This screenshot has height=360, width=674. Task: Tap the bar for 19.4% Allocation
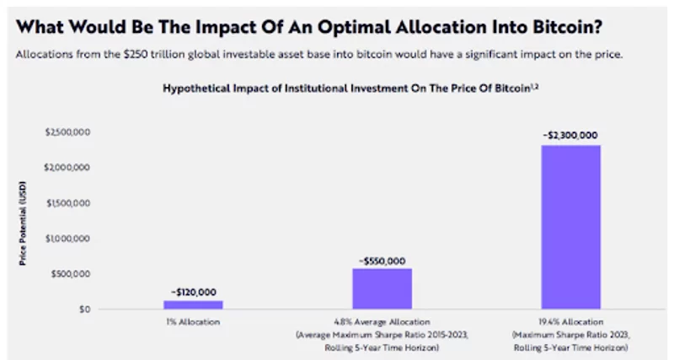(x=570, y=227)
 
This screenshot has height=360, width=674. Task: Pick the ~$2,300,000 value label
(x=570, y=136)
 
